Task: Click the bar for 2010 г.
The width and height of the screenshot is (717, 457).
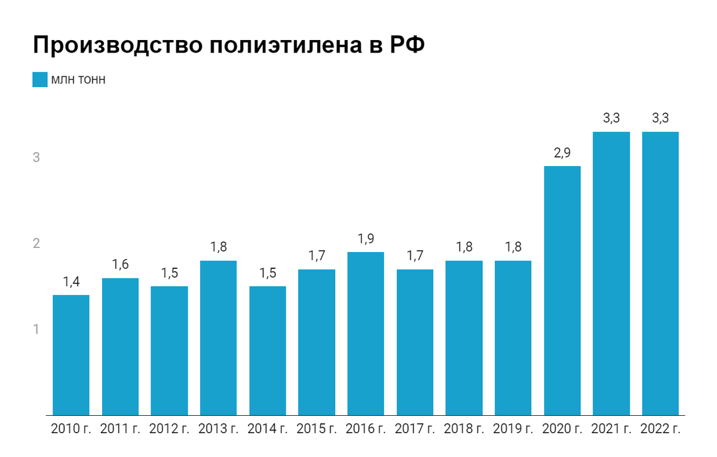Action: tap(71, 354)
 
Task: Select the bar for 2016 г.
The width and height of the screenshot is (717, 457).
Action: tap(365, 333)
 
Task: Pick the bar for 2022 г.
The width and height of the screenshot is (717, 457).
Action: tap(660, 273)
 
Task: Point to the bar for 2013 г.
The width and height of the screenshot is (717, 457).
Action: tap(218, 338)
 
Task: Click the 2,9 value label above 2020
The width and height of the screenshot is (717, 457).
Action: tap(562, 153)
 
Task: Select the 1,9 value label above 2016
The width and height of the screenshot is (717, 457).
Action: tap(365, 239)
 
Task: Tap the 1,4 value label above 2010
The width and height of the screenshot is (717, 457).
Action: tap(71, 282)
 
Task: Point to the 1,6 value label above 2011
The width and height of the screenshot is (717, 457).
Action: tap(120, 265)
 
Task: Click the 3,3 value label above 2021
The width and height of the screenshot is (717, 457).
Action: tap(611, 119)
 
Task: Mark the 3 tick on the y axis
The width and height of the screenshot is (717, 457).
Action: tap(36, 158)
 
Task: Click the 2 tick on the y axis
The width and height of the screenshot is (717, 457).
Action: tap(36, 244)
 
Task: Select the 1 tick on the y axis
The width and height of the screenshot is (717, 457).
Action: tap(36, 329)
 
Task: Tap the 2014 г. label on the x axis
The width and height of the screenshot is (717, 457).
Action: tap(267, 429)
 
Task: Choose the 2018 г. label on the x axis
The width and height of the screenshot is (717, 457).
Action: tap(463, 429)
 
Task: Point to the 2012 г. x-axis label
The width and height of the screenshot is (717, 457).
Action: tap(169, 429)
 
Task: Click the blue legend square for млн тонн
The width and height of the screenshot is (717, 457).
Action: tap(39, 79)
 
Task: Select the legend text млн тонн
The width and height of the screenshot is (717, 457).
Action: tap(78, 79)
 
